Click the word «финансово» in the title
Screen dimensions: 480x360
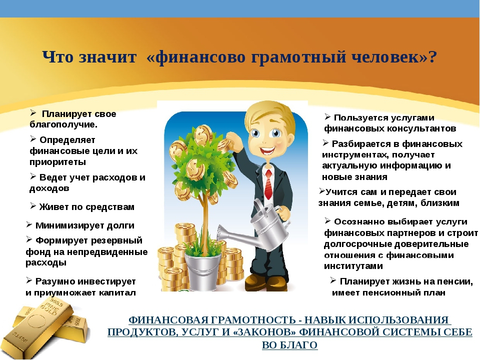196,57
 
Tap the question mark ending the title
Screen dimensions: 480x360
432,56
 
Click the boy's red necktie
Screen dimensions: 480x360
268,184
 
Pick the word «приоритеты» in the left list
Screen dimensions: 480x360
57,162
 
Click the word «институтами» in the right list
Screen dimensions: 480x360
353,266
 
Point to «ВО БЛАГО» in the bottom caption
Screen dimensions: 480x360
289,345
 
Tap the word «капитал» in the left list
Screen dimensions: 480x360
117,293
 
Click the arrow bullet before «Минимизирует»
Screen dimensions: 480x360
29,225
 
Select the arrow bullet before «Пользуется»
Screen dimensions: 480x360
327,117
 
